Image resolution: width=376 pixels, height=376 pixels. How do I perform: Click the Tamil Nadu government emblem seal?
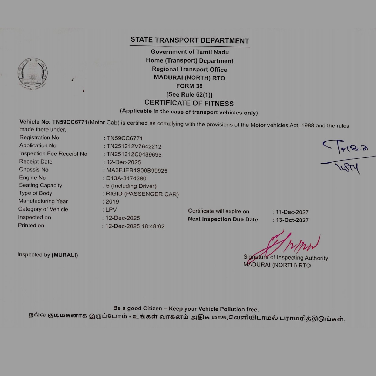click(x=32, y=74)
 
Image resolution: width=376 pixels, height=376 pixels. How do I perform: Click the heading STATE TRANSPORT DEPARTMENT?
click(x=190, y=40)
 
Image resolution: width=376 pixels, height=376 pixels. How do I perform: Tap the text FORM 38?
click(x=189, y=86)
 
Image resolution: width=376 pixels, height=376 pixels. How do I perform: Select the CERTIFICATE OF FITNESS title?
click(x=189, y=103)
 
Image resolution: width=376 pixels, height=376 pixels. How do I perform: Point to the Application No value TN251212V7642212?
click(x=134, y=146)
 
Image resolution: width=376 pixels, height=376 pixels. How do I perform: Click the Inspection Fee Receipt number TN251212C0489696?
click(x=134, y=155)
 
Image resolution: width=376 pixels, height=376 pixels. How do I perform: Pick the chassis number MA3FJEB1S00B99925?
click(x=137, y=170)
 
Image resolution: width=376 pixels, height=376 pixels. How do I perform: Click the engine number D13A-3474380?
click(x=126, y=178)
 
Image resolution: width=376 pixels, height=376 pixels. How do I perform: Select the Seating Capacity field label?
click(x=40, y=185)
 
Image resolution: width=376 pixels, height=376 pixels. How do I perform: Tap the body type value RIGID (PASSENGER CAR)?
click(x=142, y=194)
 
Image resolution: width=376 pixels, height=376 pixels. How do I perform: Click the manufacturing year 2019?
click(x=112, y=202)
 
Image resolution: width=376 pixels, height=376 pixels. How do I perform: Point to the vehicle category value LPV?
click(x=111, y=210)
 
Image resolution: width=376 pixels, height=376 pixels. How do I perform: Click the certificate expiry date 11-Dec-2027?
click(x=292, y=212)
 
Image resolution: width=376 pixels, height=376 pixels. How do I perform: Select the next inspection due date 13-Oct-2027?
click(x=292, y=220)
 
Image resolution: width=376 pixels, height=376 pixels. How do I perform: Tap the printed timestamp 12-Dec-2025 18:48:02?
click(x=135, y=226)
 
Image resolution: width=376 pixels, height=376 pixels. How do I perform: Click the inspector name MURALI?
click(x=65, y=255)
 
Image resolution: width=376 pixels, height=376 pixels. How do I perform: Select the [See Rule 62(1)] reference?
click(x=189, y=95)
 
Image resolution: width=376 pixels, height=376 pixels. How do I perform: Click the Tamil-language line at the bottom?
click(x=187, y=317)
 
